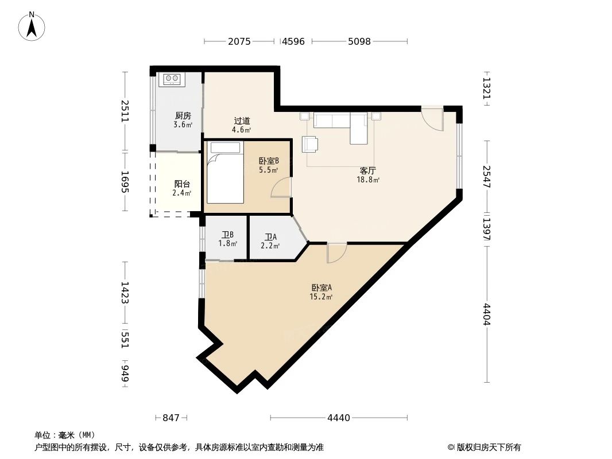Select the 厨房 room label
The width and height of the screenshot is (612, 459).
[183, 115]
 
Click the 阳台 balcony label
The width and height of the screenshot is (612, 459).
[182, 184]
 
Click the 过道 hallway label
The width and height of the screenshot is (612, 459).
[242, 121]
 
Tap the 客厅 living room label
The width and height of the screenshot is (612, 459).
[367, 170]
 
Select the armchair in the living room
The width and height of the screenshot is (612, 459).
[311, 144]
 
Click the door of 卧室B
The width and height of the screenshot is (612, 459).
[281, 188]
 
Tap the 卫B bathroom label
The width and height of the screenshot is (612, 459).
[227, 235]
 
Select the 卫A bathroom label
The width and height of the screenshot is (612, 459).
[270, 237]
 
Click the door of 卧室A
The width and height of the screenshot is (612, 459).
[336, 252]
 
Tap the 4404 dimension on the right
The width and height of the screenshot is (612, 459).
[487, 314]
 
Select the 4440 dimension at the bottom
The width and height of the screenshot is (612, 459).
[339, 418]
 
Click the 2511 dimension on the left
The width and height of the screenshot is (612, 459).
[125, 111]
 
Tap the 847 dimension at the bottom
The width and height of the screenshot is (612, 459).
[171, 418]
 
